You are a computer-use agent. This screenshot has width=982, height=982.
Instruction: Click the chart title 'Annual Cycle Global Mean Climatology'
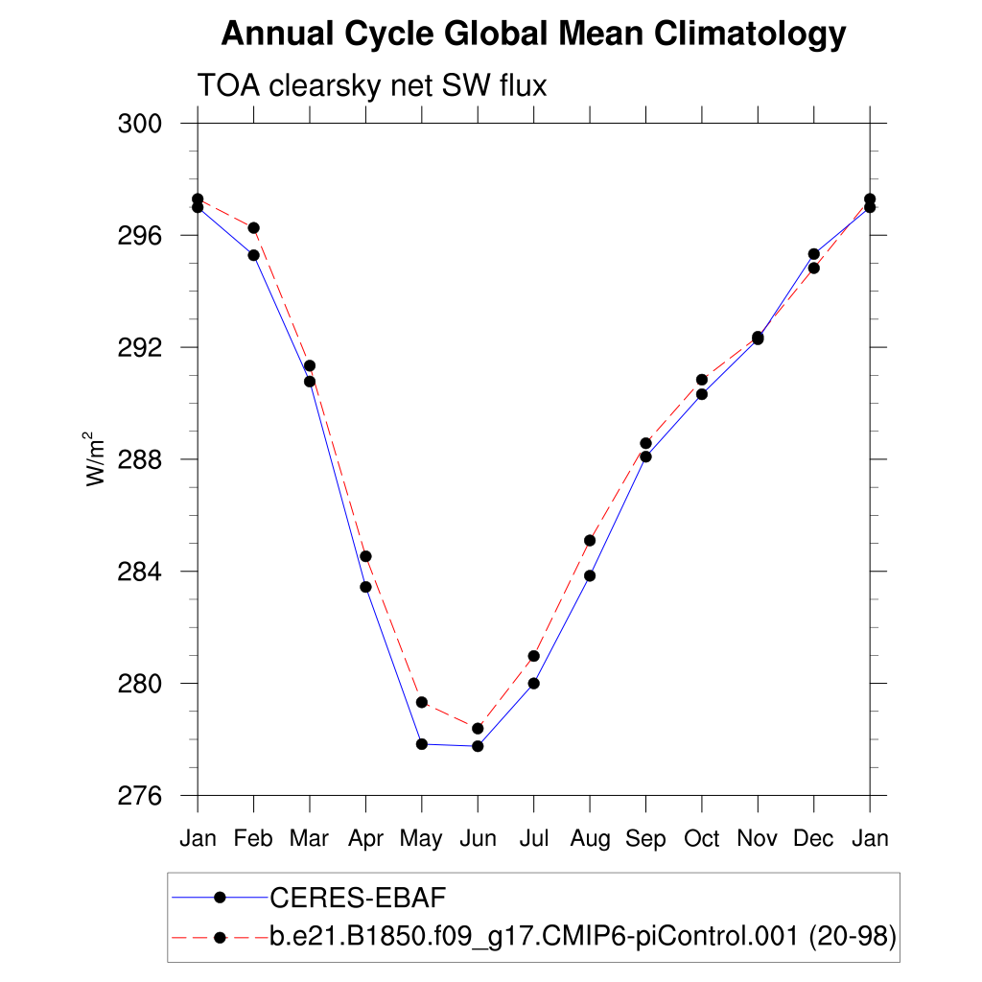click(x=533, y=35)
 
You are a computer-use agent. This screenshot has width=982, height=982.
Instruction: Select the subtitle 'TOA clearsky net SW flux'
click(x=371, y=86)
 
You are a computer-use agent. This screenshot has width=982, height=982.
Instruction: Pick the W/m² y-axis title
click(x=96, y=458)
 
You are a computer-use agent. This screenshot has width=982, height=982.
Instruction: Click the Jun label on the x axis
click(x=478, y=839)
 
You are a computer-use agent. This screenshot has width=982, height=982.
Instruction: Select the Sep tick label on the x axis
click(x=645, y=839)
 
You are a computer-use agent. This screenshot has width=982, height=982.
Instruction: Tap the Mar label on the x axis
click(x=309, y=839)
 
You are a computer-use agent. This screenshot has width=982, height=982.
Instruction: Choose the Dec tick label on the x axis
click(x=814, y=839)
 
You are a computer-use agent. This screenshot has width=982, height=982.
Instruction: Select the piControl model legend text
click(x=582, y=937)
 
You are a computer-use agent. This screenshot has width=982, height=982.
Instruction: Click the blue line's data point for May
click(x=422, y=744)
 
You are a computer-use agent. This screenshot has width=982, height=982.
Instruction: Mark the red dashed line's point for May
click(x=422, y=702)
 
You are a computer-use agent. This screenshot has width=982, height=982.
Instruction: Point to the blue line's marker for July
click(x=533, y=684)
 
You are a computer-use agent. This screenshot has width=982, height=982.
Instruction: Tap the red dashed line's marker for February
click(x=253, y=227)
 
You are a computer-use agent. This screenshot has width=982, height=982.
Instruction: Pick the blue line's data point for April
click(x=365, y=587)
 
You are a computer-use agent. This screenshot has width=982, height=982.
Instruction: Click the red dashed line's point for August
click(x=590, y=541)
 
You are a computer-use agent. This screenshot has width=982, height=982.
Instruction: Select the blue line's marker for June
click(x=478, y=746)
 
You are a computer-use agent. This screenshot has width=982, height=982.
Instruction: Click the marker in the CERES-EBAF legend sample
click(x=220, y=898)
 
